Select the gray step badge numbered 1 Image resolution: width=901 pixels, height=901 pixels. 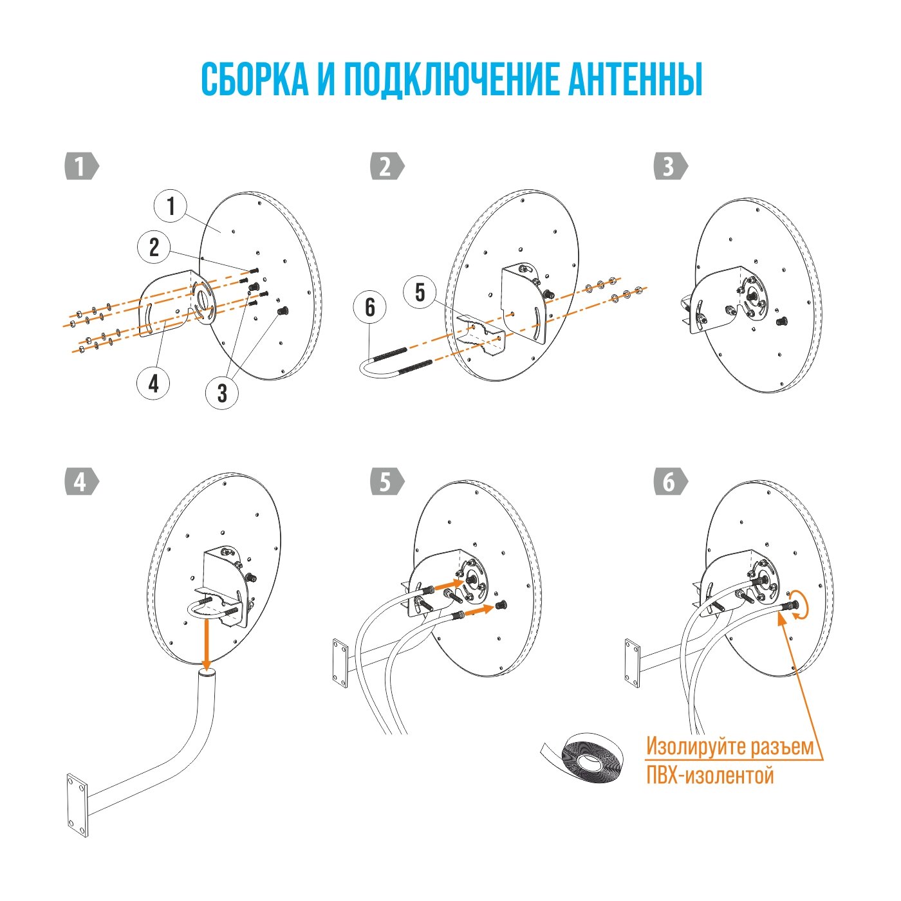click(x=81, y=167)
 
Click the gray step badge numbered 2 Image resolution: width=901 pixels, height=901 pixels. click(x=387, y=167)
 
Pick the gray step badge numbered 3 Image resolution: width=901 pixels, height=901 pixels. click(x=670, y=167)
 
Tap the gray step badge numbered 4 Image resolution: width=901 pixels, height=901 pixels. click(x=81, y=482)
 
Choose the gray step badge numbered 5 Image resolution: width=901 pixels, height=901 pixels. click(x=387, y=482)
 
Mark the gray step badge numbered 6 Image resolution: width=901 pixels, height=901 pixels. click(x=670, y=482)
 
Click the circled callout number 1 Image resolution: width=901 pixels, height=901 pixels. click(x=171, y=207)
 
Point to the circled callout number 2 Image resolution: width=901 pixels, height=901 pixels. click(x=154, y=247)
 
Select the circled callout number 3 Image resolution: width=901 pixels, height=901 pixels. click(x=222, y=392)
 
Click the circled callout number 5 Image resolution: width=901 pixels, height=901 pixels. click(x=420, y=292)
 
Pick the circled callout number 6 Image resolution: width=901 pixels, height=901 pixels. click(x=370, y=307)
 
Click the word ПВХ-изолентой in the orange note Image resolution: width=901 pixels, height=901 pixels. click(x=709, y=776)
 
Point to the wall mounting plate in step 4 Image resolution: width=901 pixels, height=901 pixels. click(x=77, y=805)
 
